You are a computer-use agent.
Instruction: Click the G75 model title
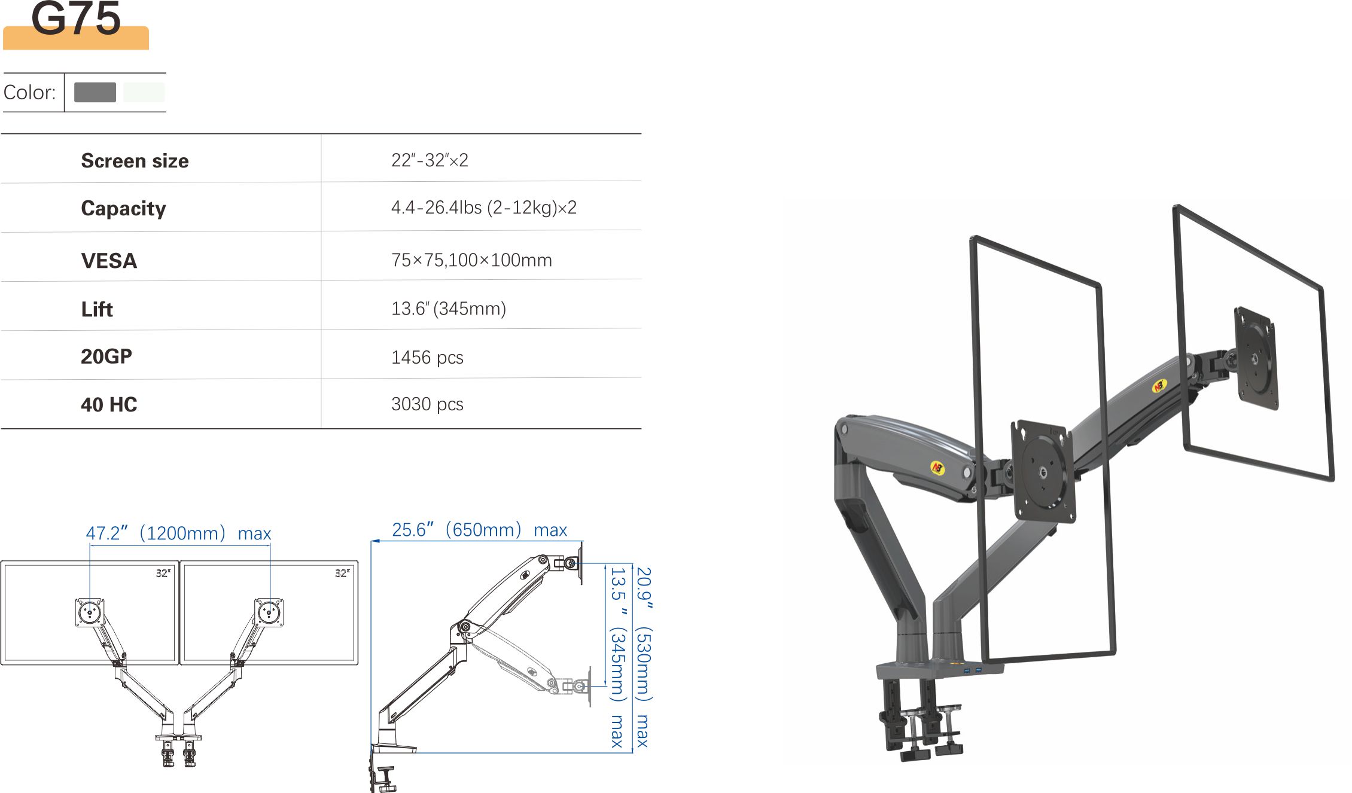tap(76, 19)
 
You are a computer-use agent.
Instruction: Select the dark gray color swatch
tap(95, 92)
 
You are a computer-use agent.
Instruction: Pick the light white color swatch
tap(144, 92)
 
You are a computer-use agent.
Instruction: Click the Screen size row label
tap(135, 161)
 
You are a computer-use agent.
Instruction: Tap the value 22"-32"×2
tap(430, 160)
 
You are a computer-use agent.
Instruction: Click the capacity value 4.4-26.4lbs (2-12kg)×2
tap(483, 208)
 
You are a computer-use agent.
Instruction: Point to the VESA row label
tap(109, 261)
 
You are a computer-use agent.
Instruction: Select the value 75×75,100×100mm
tap(471, 260)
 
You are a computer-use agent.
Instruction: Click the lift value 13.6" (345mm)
tap(448, 309)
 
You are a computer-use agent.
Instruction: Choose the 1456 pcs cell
tap(427, 358)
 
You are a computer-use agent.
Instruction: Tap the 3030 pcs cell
tap(427, 404)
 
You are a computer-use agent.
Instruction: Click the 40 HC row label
tap(109, 405)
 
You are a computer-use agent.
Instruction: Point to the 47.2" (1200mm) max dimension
tap(178, 533)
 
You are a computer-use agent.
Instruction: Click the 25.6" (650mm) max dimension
tap(479, 530)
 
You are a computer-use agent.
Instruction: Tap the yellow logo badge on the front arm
tap(937, 468)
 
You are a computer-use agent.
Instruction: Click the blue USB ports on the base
tap(972, 670)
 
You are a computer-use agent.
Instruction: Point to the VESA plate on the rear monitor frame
tap(1256, 359)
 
